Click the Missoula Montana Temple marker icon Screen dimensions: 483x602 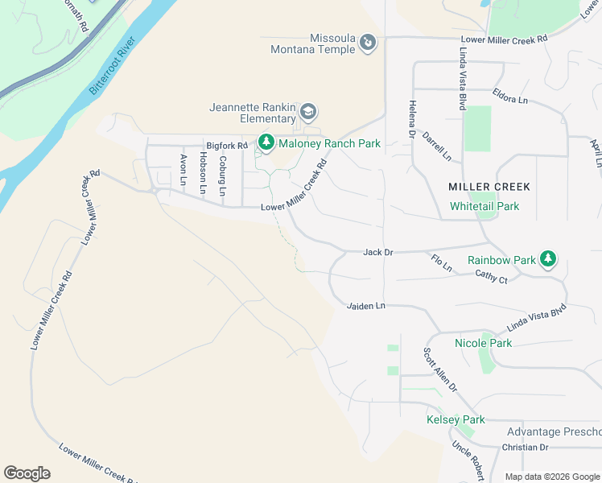tap(368, 42)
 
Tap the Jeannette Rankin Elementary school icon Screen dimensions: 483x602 tap(309, 111)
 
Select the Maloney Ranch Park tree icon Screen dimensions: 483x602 tap(266, 144)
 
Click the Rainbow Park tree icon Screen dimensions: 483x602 tap(548, 258)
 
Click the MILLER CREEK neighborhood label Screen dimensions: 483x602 tap(489, 187)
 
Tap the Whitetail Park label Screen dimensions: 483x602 tap(484, 206)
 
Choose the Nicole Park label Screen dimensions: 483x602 tap(483, 343)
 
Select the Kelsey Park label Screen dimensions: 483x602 tap(456, 420)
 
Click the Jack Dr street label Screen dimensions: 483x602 tap(377, 252)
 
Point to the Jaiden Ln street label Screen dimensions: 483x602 tap(366, 306)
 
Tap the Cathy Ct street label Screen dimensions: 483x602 tap(491, 279)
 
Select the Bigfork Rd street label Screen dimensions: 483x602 tap(226, 145)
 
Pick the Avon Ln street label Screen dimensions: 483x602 tap(183, 170)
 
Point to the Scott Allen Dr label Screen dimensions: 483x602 tap(440, 369)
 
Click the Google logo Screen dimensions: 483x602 tap(27, 473)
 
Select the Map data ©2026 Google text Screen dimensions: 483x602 tap(551, 477)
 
